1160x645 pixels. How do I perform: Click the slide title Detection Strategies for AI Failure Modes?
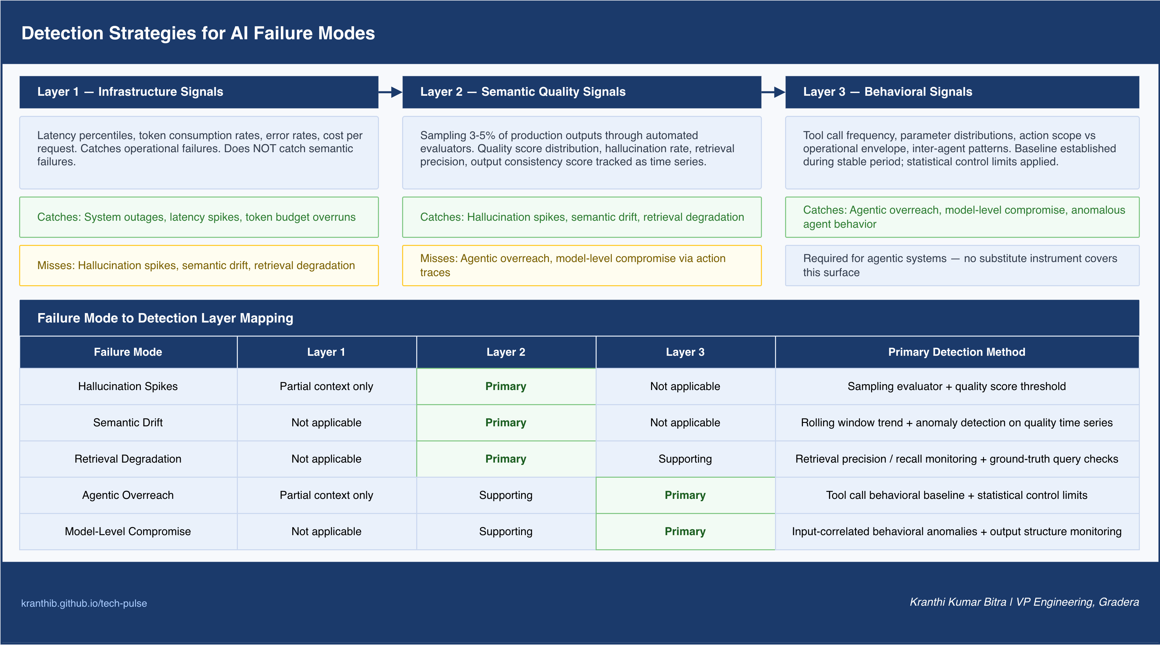(198, 33)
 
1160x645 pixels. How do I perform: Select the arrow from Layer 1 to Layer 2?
(390, 92)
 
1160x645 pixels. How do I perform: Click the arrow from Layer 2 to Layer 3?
(773, 92)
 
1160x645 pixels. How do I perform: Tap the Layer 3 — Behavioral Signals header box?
(962, 92)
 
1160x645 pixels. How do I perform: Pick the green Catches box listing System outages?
(199, 217)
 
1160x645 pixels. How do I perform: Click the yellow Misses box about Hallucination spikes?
(199, 265)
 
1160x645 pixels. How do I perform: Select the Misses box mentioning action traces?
(582, 265)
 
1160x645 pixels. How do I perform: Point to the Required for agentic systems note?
(962, 265)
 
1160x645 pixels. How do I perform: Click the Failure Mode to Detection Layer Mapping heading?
(165, 318)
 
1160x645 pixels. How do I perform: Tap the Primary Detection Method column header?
(957, 352)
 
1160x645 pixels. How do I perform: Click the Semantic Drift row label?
(128, 423)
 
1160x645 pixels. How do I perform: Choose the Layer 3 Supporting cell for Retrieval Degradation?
(685, 459)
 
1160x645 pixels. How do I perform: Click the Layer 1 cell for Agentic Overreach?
(327, 495)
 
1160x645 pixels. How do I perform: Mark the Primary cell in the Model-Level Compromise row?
(685, 531)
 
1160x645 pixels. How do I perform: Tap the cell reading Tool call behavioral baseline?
(957, 495)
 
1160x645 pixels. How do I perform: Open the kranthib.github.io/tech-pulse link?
(84, 603)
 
